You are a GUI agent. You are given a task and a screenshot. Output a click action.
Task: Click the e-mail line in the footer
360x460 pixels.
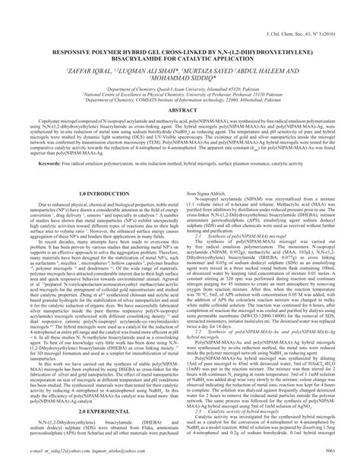point(91,449)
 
